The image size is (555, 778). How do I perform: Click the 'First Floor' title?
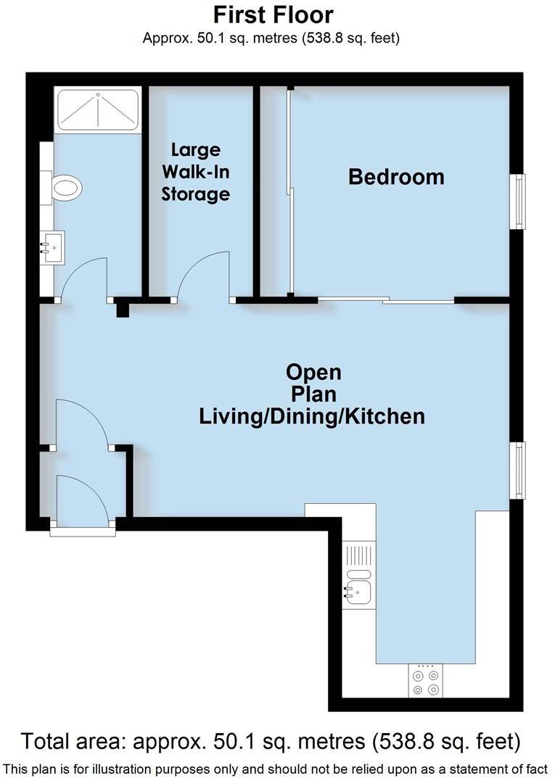pyautogui.click(x=274, y=14)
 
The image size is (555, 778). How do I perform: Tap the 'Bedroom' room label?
pyautogui.click(x=396, y=176)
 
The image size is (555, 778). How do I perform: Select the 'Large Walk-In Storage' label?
pyautogui.click(x=196, y=172)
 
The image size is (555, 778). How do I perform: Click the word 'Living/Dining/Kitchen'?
pyautogui.click(x=312, y=417)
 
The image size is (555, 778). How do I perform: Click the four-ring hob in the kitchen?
pyautogui.click(x=426, y=681)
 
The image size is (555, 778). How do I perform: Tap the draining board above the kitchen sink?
pyautogui.click(x=358, y=556)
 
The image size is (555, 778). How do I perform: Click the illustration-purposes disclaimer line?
pyautogui.click(x=277, y=768)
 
